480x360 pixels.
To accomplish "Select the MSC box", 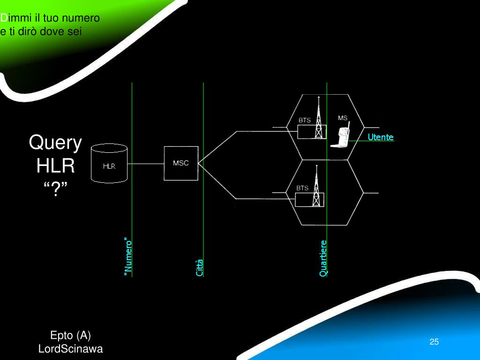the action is click(180, 163).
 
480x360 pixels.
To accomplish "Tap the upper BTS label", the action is click(305, 120).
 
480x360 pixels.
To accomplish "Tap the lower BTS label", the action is click(302, 188).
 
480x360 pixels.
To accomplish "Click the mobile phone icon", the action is click(341, 136).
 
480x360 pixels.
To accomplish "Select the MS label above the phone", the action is click(343, 118).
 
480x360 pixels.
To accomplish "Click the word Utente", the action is click(381, 137).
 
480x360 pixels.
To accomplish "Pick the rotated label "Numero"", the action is click(128, 257).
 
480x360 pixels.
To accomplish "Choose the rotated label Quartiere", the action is click(323, 258).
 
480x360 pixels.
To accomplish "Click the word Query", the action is click(55, 142).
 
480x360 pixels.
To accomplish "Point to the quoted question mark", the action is click(55, 189).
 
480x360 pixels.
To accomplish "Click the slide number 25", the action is click(434, 342).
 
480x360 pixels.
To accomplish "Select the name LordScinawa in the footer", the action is click(70, 349).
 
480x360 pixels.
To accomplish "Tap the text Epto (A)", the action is click(70, 336).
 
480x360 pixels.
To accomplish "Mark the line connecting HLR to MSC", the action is click(145, 164).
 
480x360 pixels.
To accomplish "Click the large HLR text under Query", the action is click(55, 166).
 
